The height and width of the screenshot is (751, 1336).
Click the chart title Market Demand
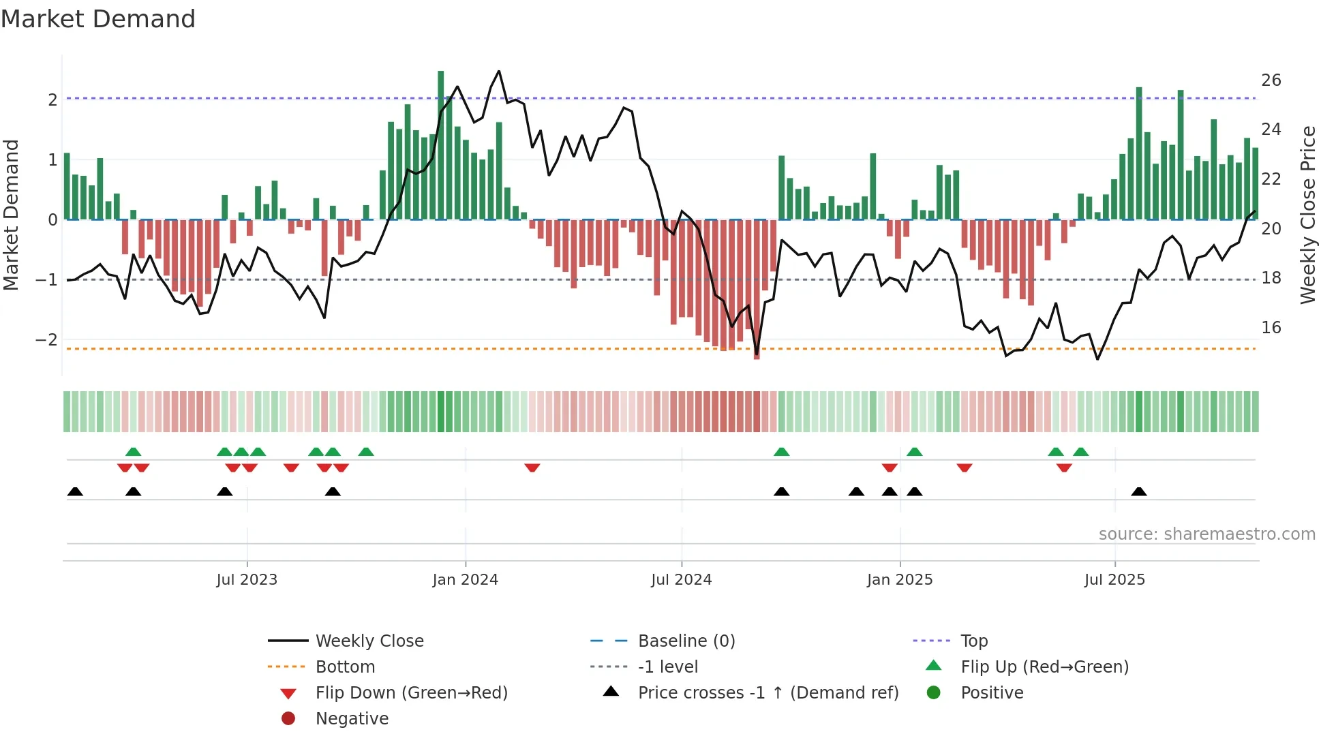[98, 19]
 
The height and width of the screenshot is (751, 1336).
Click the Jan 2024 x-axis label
[465, 580]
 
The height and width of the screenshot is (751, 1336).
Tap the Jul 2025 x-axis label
[1114, 580]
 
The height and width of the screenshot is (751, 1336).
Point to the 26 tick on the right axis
[1271, 80]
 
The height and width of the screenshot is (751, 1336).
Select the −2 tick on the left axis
[47, 340]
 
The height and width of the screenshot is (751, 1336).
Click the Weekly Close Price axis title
[1308, 215]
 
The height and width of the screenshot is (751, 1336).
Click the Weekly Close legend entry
[369, 641]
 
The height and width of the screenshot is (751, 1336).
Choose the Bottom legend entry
[345, 667]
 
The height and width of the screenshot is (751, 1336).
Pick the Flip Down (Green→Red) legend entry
[411, 693]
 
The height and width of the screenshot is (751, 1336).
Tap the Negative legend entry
[352, 719]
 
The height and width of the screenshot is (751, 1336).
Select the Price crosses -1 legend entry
[768, 693]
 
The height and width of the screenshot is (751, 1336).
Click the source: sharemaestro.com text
[1206, 534]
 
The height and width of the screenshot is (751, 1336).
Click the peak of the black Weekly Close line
[499, 72]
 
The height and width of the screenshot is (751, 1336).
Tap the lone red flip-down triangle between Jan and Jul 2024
[532, 468]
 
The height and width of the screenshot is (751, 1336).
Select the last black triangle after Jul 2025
[1139, 491]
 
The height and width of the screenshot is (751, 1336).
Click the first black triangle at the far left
[75, 491]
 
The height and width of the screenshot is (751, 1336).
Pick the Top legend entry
[973, 641]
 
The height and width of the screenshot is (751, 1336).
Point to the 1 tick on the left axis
[52, 160]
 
